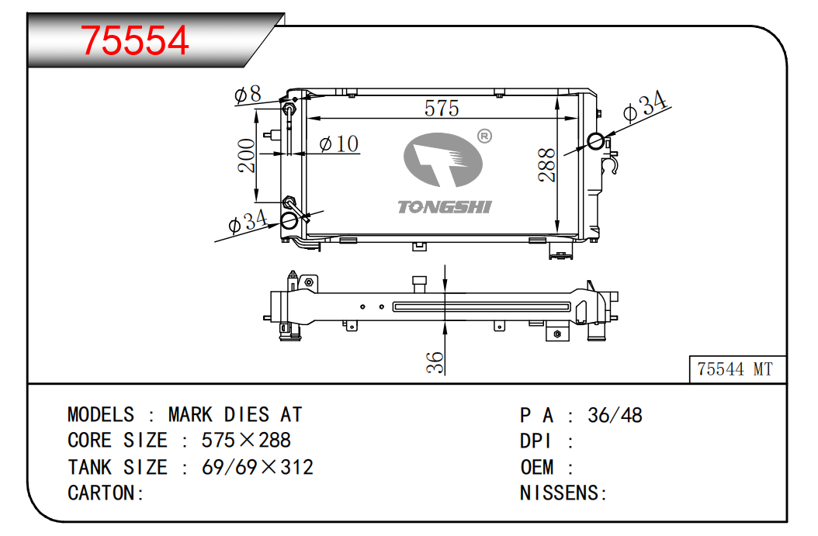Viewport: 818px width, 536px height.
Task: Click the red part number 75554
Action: [134, 40]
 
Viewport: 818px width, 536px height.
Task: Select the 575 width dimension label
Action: [442, 109]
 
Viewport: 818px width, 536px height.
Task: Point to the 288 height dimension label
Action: [546, 165]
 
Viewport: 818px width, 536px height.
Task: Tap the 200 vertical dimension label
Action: [246, 155]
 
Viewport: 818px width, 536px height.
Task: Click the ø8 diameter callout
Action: [248, 95]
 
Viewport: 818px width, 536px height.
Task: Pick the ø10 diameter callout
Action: [339, 144]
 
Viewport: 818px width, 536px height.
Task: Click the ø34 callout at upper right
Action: [645, 105]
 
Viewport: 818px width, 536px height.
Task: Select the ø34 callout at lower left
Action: [248, 222]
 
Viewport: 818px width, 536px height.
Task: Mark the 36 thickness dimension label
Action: [435, 362]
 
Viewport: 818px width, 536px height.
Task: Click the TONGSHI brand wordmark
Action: [445, 207]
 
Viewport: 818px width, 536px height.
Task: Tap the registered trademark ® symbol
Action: [484, 136]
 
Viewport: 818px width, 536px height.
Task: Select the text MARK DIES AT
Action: [235, 415]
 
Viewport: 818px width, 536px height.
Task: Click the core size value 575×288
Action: [246, 441]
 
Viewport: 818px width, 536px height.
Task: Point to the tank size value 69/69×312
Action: [258, 467]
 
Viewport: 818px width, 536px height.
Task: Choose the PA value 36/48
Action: [615, 416]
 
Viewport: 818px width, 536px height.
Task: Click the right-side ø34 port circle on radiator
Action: [596, 140]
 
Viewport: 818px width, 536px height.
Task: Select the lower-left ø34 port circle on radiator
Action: [289, 220]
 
